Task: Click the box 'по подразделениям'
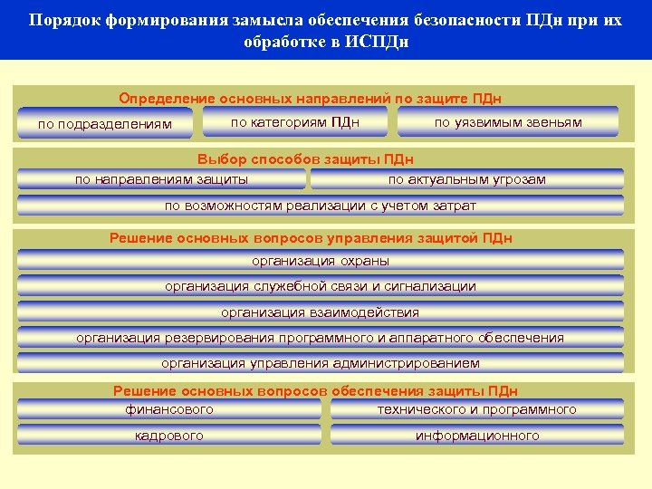[105, 123]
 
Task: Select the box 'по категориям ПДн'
[295, 121]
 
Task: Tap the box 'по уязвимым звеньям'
[508, 121]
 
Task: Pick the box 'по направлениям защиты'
[161, 179]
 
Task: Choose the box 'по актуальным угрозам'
[466, 179]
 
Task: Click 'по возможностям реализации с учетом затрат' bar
[320, 206]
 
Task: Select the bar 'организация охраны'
[320, 261]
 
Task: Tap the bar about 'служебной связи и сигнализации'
[320, 286]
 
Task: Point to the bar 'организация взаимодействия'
[320, 312]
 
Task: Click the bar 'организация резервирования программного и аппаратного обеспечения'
[320, 338]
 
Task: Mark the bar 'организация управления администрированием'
[320, 363]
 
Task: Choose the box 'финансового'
[169, 409]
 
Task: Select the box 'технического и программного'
[476, 409]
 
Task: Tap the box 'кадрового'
[169, 436]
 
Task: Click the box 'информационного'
[476, 436]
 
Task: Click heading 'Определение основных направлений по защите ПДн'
[311, 98]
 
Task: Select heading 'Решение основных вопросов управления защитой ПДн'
[311, 238]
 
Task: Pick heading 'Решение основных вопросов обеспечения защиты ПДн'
[315, 391]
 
